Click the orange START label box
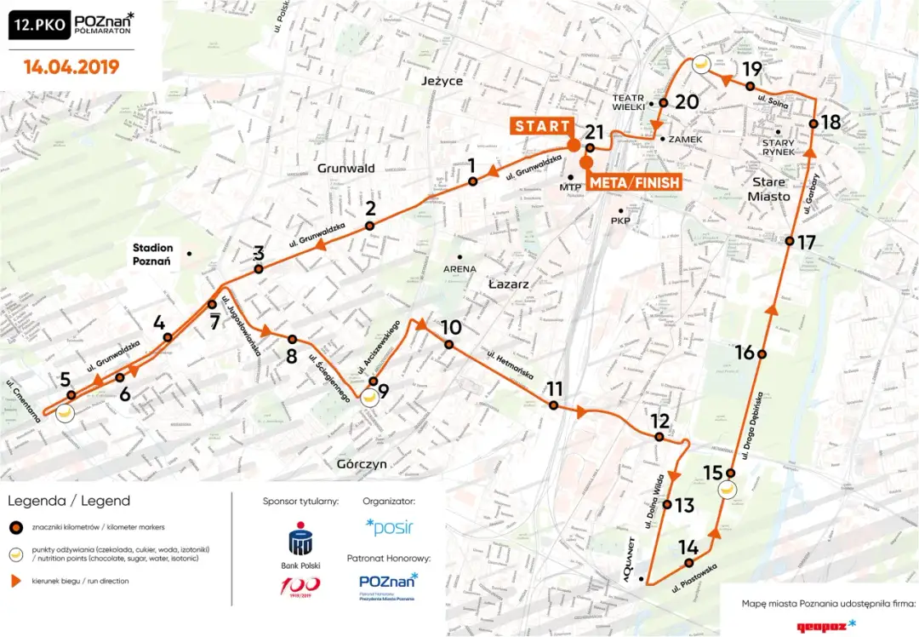click(541, 126)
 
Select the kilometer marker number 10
click(451, 328)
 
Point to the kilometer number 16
click(745, 353)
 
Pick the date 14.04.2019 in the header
click(71, 66)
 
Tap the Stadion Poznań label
click(152, 255)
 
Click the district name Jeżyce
click(442, 81)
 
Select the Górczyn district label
click(361, 464)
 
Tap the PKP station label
click(619, 221)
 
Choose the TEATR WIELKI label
click(631, 103)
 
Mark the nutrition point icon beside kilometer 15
click(728, 491)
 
